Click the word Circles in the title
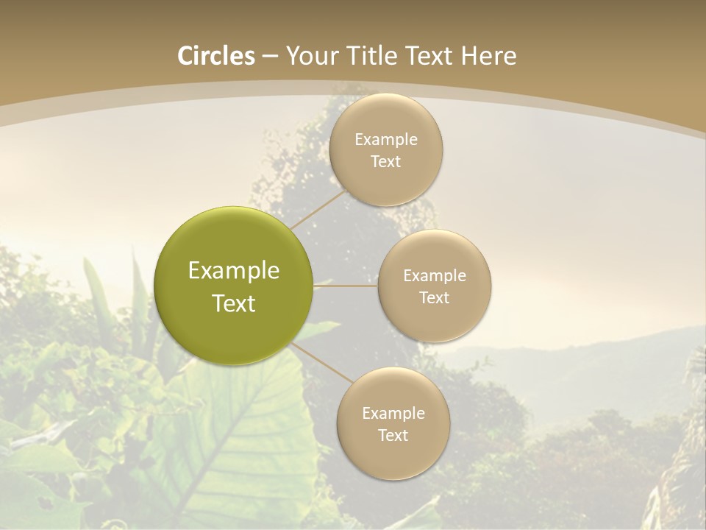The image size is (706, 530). click(216, 56)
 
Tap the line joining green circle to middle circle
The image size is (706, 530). click(345, 286)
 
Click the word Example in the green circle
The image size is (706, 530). click(234, 271)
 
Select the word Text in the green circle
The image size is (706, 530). click(234, 303)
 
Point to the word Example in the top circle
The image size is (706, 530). click(386, 140)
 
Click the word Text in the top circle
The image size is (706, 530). click(385, 162)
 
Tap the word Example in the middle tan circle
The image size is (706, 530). click(435, 276)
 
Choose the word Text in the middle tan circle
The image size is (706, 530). click(435, 298)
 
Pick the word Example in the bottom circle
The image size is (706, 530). click(393, 414)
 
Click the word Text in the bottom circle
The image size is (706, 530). click(393, 436)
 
